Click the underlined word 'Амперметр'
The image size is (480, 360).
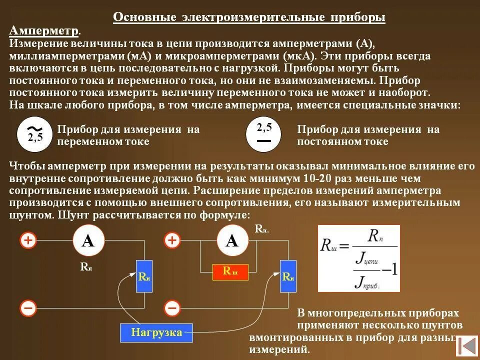click(x=44, y=31)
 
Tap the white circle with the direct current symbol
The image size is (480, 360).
click(x=264, y=134)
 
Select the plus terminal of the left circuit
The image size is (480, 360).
click(x=28, y=240)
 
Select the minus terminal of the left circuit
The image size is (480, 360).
click(x=28, y=307)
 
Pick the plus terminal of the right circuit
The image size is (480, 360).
click(x=172, y=240)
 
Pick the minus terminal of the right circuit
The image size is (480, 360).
click(x=172, y=307)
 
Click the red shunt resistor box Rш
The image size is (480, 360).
click(x=230, y=272)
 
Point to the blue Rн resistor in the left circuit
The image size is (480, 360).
click(x=144, y=276)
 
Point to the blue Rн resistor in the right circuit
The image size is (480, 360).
click(x=288, y=276)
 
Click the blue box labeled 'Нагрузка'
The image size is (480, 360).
click(x=156, y=332)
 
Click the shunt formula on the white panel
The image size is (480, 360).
click(x=359, y=258)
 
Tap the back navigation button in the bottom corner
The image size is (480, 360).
click(x=467, y=346)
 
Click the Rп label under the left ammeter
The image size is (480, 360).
click(x=86, y=267)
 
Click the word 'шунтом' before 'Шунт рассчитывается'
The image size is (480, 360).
click(x=31, y=215)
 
